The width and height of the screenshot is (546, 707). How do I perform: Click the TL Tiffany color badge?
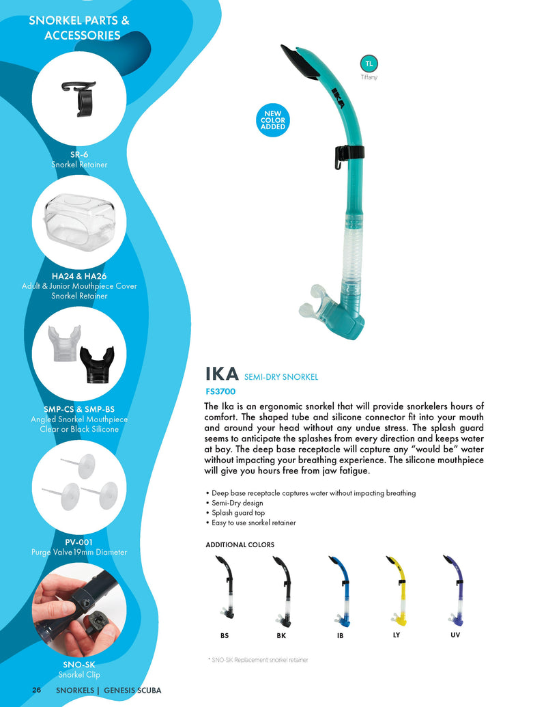click(369, 64)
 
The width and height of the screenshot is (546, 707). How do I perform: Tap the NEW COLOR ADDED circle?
click(273, 120)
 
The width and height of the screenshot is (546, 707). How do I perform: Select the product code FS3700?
click(220, 392)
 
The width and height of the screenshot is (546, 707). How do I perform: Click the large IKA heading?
click(222, 374)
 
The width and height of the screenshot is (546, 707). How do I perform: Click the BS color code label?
click(225, 636)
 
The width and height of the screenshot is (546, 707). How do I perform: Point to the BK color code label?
click(281, 636)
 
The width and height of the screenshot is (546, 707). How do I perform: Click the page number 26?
click(37, 690)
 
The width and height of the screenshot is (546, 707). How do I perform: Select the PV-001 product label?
click(79, 542)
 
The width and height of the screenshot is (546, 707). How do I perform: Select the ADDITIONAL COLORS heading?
click(240, 545)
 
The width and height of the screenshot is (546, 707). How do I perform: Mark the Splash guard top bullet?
click(235, 513)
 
